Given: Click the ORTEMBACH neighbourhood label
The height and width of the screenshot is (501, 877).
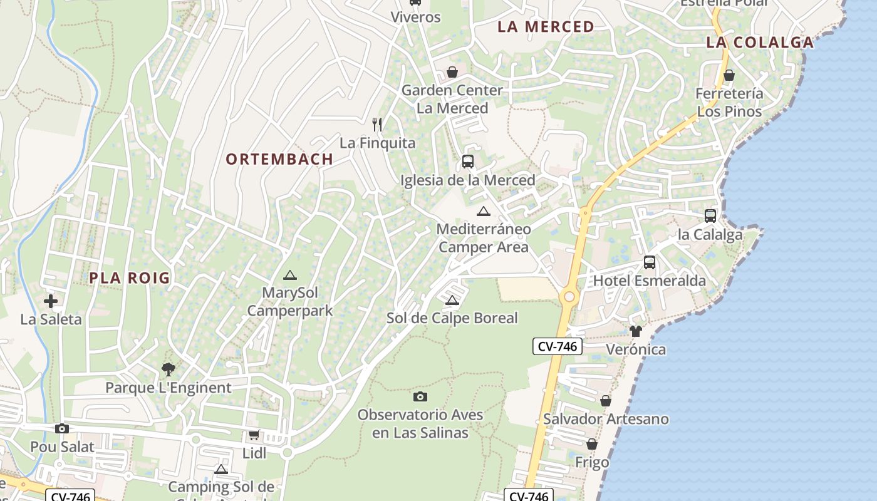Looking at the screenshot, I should tap(279, 159).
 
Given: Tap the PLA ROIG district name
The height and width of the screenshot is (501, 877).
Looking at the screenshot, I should tap(130, 278).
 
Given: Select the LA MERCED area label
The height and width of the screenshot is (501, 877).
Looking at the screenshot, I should tap(546, 27).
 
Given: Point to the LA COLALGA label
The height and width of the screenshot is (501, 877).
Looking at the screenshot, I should tap(760, 43).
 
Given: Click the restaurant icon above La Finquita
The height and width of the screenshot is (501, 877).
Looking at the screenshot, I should tap(377, 125).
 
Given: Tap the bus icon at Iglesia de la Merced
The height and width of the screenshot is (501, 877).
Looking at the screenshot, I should tap(468, 162).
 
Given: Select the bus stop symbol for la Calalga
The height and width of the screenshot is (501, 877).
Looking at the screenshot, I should tap(710, 216).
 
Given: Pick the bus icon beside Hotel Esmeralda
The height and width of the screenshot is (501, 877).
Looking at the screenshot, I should tap(650, 262).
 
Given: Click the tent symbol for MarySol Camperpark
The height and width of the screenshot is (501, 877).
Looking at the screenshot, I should tap(289, 275).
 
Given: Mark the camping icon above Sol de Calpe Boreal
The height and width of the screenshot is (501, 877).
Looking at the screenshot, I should tap(452, 300).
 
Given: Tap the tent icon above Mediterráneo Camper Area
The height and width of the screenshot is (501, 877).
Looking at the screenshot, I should tap(483, 211).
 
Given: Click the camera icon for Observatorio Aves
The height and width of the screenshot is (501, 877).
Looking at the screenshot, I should tap(420, 396).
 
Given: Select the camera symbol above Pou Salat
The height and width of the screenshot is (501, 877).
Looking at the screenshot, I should tap(61, 429).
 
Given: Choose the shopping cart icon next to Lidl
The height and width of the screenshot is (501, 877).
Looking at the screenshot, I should tap(254, 435).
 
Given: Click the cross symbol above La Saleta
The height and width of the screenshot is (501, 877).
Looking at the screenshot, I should tap(51, 301).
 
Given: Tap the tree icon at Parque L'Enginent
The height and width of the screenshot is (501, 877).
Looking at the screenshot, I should tap(168, 369).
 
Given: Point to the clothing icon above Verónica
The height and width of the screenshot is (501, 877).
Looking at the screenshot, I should tap(636, 331).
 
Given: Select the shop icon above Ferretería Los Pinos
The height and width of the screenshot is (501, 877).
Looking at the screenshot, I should tap(729, 76).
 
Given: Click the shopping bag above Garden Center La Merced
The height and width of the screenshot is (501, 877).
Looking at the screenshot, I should tap(452, 73).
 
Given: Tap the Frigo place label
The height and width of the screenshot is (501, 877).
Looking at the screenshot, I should tap(592, 463).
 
